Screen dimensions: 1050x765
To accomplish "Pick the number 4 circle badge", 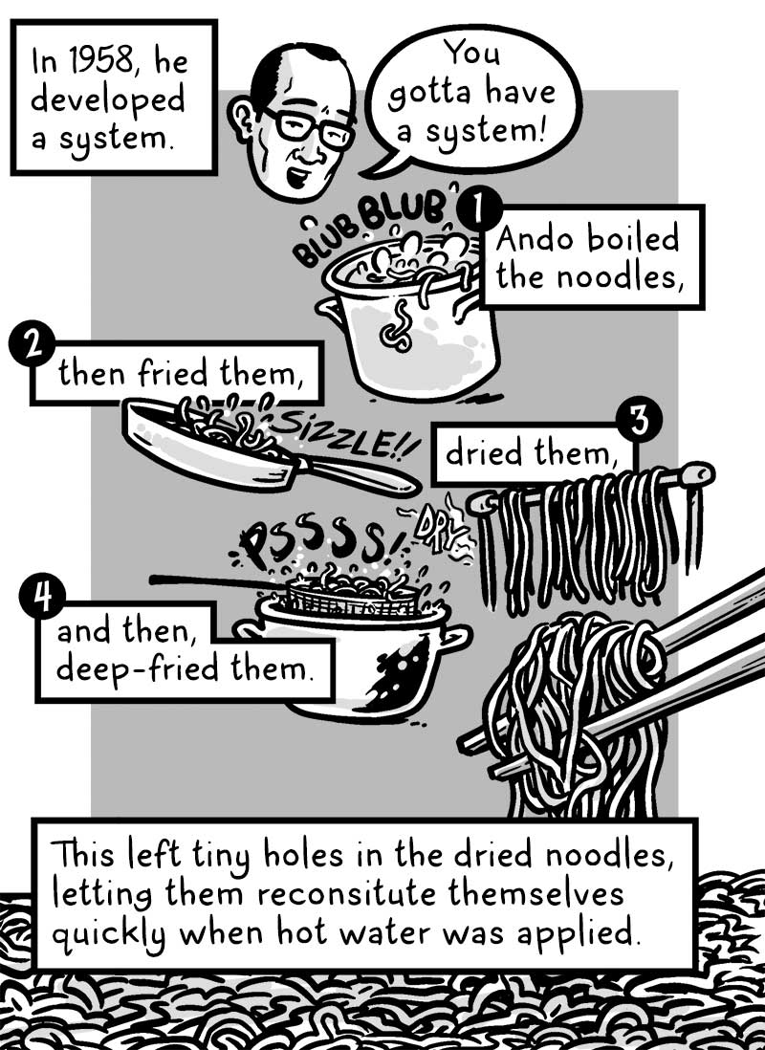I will coord(39,601).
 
